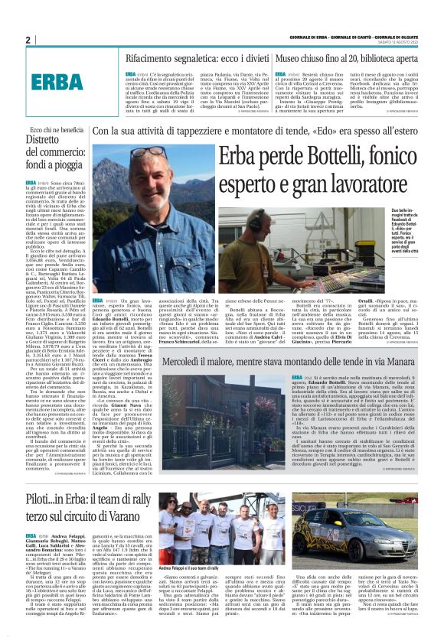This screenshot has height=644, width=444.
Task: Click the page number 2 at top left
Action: tap(28, 40)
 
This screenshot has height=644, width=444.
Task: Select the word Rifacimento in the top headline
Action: tap(153, 58)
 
